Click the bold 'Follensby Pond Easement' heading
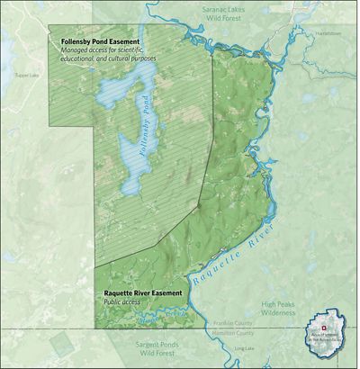click(111, 41)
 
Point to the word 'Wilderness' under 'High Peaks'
click(280, 314)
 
